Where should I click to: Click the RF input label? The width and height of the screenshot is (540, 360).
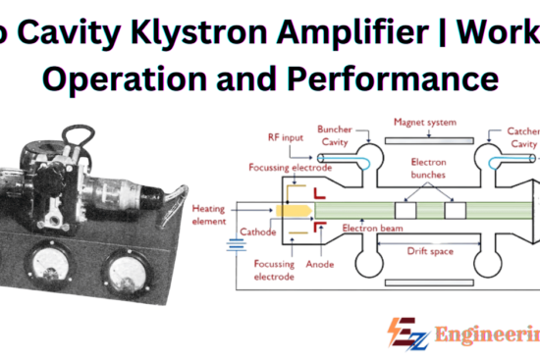[x=287, y=137]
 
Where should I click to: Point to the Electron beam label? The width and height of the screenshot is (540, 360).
[x=366, y=228]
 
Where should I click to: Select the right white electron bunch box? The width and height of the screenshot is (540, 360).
[x=454, y=210]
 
